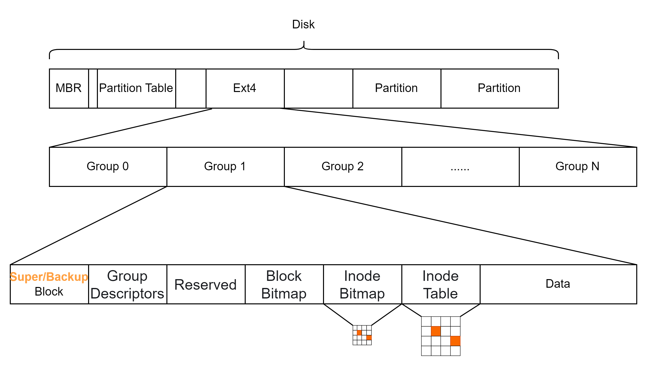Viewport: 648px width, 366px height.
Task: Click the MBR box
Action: (x=69, y=89)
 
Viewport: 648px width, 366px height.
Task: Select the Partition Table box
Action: (x=136, y=89)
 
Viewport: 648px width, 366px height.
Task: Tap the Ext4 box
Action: (x=245, y=89)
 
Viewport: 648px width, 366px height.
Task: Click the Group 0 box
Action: (x=108, y=167)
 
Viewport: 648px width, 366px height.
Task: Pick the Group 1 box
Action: (x=225, y=167)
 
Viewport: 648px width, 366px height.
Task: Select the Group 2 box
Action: (x=343, y=167)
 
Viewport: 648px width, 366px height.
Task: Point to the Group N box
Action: (x=578, y=167)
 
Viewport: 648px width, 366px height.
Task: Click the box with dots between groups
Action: (x=460, y=167)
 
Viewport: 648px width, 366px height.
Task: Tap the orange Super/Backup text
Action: (x=49, y=277)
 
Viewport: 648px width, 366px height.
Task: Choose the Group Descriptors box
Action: (x=127, y=284)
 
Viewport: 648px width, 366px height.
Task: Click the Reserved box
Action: (x=206, y=284)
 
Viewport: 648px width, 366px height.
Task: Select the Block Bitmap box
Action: (x=284, y=284)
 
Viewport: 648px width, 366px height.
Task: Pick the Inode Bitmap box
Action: (x=362, y=284)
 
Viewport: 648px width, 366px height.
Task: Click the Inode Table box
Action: (x=440, y=284)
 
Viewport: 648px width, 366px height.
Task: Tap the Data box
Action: (x=558, y=284)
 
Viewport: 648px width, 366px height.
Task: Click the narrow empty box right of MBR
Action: (x=93, y=89)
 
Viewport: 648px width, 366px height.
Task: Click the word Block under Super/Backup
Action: (x=49, y=292)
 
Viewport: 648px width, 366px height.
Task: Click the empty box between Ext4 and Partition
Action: (x=318, y=89)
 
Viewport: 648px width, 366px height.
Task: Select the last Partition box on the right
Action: (x=499, y=89)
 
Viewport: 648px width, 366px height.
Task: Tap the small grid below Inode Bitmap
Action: (x=362, y=335)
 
